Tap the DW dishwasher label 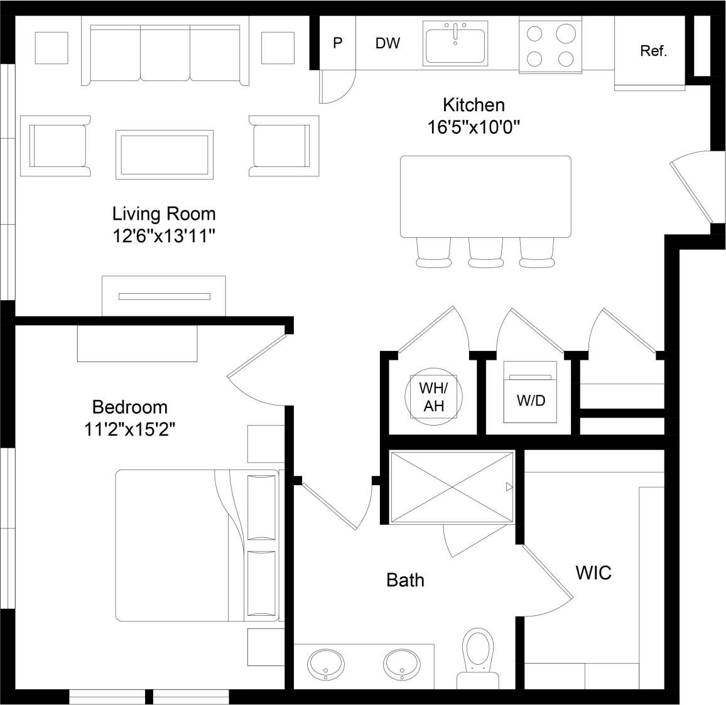(x=387, y=43)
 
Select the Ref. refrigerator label (x=653, y=51)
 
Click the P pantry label (x=338, y=43)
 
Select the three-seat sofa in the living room (x=165, y=53)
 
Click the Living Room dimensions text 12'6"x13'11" (x=164, y=237)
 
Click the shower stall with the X (x=452, y=487)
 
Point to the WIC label (x=593, y=573)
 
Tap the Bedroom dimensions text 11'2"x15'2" (x=129, y=430)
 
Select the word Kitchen (x=474, y=104)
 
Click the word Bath (x=405, y=580)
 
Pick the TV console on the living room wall (x=164, y=296)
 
